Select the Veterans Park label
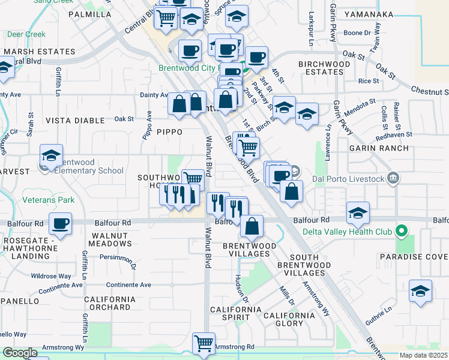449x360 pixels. (48, 199)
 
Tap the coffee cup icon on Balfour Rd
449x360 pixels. (60, 224)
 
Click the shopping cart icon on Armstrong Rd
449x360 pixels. (203, 344)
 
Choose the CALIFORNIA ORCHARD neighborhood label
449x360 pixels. (107, 303)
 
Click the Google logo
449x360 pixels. (20, 353)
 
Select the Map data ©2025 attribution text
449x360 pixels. (423, 355)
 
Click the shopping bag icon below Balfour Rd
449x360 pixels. (252, 226)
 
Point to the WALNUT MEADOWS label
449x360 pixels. (109, 239)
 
